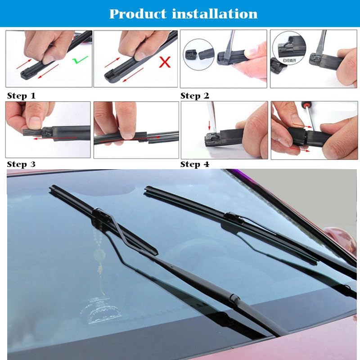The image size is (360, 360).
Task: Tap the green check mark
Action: [81, 59]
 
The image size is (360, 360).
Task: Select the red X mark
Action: [165, 62]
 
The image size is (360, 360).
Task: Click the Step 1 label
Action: [21, 96]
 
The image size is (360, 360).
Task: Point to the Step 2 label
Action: [195, 96]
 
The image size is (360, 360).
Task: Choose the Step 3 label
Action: [21, 164]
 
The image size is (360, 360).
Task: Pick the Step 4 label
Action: [195, 164]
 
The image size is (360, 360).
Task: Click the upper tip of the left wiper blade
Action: [52, 187]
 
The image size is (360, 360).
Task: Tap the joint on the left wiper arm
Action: [233, 298]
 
